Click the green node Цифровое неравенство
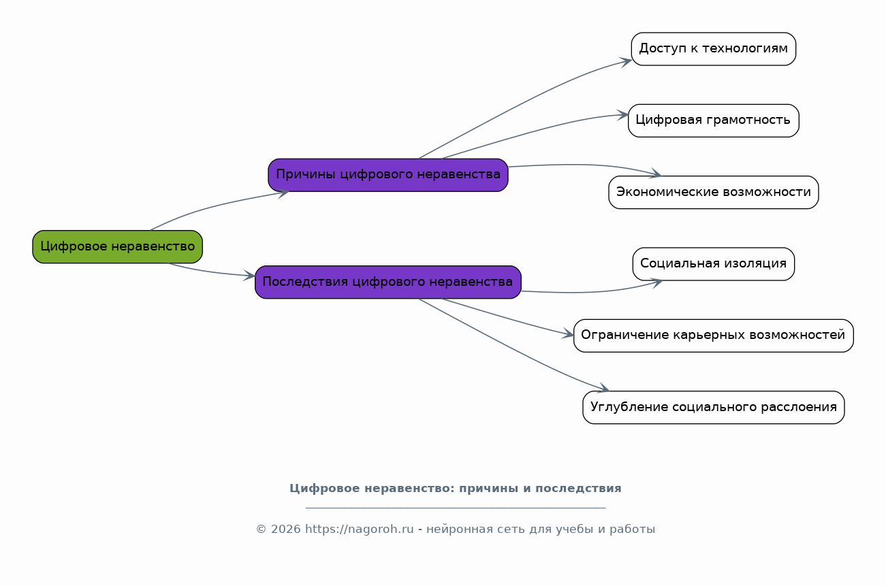[117, 247]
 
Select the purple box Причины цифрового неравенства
[388, 175]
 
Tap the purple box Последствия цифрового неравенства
[388, 282]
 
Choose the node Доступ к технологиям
[714, 49]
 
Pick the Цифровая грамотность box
[714, 120]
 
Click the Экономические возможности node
[714, 193]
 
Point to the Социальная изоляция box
[714, 264]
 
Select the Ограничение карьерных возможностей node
[714, 336]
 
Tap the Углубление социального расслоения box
[714, 408]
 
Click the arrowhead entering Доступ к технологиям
[626, 62]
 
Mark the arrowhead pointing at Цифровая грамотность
[623, 115]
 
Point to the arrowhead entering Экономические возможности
[655, 174]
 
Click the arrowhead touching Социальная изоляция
[656, 283]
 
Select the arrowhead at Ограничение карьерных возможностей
[568, 333]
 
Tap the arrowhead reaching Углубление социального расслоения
[603, 389]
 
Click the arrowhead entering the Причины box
[283, 193]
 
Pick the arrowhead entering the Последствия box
[249, 276]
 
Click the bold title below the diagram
[456, 489]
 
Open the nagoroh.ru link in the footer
[359, 529]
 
